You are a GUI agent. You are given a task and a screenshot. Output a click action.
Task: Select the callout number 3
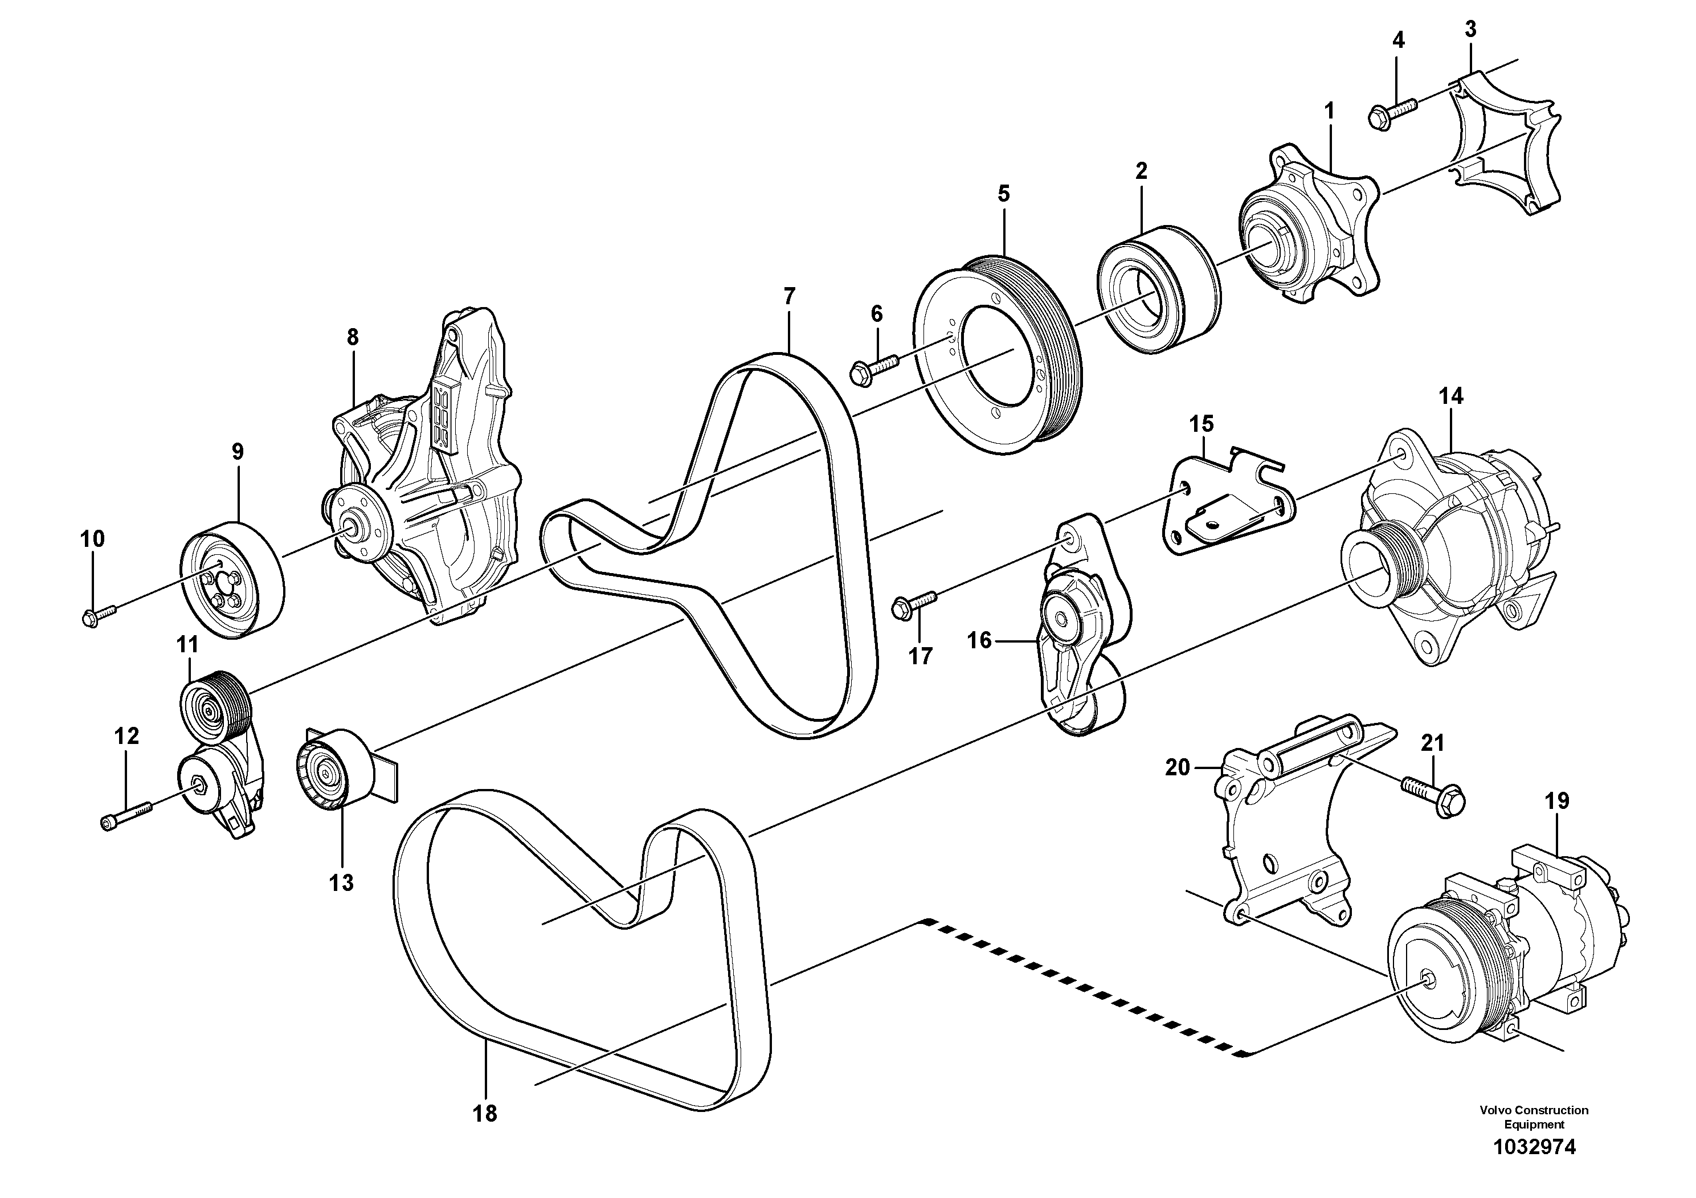1470,30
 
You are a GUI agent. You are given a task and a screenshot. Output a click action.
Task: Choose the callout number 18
485,1113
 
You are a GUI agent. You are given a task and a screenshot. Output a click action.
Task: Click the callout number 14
1450,396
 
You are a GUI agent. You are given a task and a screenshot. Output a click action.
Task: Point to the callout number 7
789,297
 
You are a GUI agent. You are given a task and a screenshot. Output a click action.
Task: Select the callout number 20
1178,768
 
